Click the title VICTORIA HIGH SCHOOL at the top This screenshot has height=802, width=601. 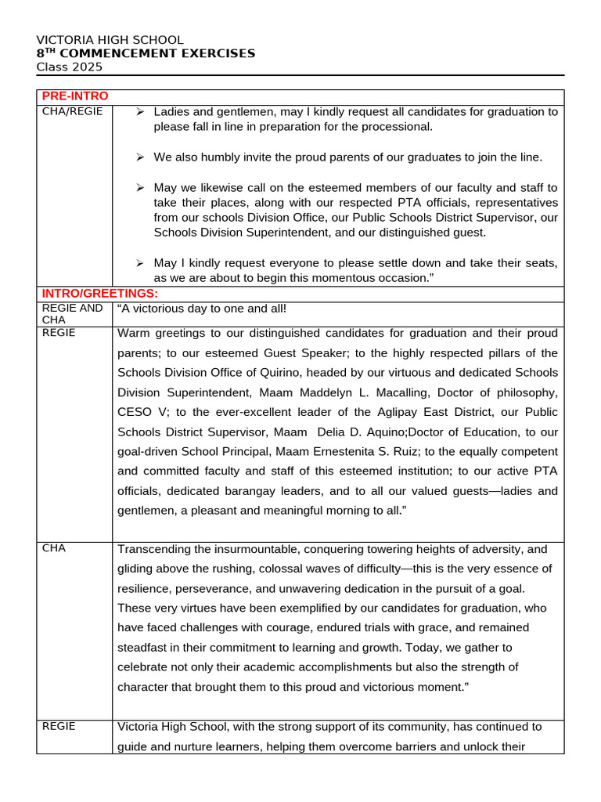click(x=110, y=40)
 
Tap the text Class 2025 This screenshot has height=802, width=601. click(x=70, y=67)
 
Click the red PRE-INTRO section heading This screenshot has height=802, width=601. click(x=75, y=96)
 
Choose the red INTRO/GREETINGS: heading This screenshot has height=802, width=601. click(x=99, y=293)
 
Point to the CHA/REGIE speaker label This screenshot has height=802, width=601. click(x=72, y=111)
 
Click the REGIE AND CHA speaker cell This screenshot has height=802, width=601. click(x=72, y=314)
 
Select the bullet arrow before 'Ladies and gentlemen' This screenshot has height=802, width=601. click(x=140, y=112)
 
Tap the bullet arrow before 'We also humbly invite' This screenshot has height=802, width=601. click(x=140, y=157)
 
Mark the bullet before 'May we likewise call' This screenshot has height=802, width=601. click(x=140, y=188)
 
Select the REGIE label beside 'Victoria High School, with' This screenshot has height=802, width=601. click(x=59, y=726)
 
